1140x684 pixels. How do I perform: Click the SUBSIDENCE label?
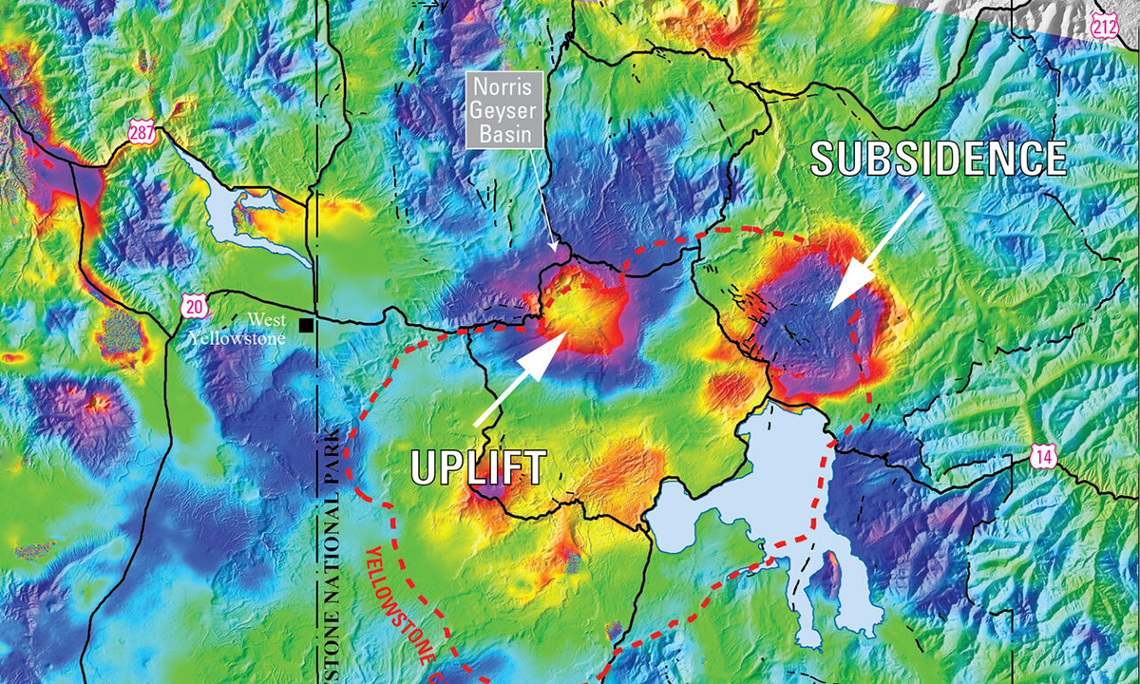[x=938, y=158]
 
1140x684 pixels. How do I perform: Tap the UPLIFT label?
[x=479, y=466]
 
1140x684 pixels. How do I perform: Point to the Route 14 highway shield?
[x=1044, y=457]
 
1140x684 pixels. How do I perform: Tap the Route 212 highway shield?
[x=1105, y=26]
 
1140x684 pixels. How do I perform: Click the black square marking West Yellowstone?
[x=306, y=326]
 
